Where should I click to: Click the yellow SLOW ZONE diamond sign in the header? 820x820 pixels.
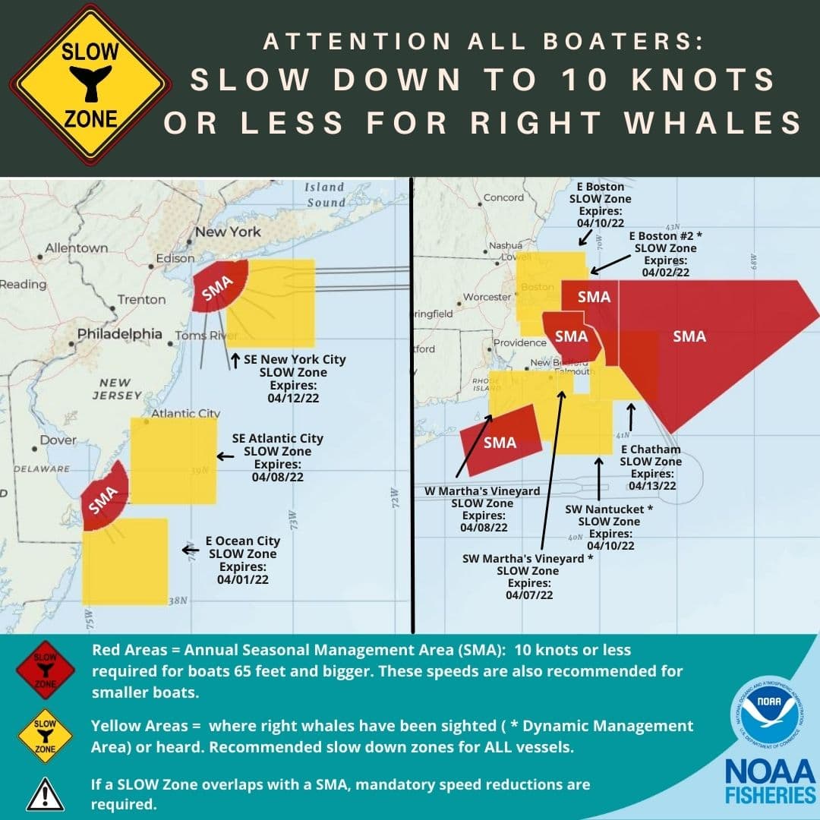90,85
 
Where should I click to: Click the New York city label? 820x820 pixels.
228,232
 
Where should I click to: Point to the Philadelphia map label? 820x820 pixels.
120,334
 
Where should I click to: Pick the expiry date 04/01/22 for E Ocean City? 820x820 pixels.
243,579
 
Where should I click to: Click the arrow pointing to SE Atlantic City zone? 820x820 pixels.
224,456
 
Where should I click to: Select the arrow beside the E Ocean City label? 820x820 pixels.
190,549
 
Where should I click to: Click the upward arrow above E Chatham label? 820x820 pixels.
630,416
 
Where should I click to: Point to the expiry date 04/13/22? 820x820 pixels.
651,485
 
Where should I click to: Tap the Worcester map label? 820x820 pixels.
487,297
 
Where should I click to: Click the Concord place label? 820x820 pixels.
503,197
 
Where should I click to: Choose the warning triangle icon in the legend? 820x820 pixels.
45,793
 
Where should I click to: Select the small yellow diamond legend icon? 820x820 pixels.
45,736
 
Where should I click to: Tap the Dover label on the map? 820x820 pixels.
58,440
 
